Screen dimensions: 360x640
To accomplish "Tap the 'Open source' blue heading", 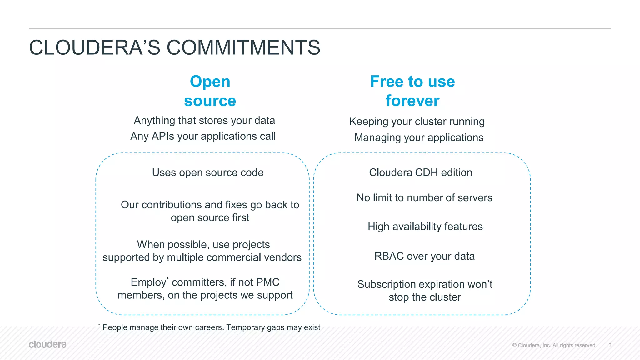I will click(x=210, y=91).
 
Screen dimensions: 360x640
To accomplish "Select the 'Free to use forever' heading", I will click(x=412, y=91).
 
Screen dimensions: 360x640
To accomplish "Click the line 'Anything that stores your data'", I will click(x=204, y=120).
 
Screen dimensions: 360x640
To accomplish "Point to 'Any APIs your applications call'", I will click(x=203, y=136).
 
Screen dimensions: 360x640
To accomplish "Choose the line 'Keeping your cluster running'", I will click(x=417, y=122).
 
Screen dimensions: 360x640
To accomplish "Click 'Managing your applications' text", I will click(x=419, y=137).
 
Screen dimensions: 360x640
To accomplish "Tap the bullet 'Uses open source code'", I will click(x=208, y=172).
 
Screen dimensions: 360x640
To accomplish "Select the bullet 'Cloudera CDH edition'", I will click(x=421, y=172).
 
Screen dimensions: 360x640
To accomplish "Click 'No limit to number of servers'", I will click(x=424, y=198).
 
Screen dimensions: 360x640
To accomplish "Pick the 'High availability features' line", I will click(x=425, y=227).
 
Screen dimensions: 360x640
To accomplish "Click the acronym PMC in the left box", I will click(x=267, y=282).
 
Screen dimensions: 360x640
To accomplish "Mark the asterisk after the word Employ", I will click(x=168, y=279).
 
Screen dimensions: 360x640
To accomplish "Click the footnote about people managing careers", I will click(x=211, y=327).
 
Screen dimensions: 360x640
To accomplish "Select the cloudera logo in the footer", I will click(x=47, y=344).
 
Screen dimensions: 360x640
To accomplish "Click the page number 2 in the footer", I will click(x=610, y=345).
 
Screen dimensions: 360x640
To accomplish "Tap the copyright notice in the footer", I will click(x=554, y=345).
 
